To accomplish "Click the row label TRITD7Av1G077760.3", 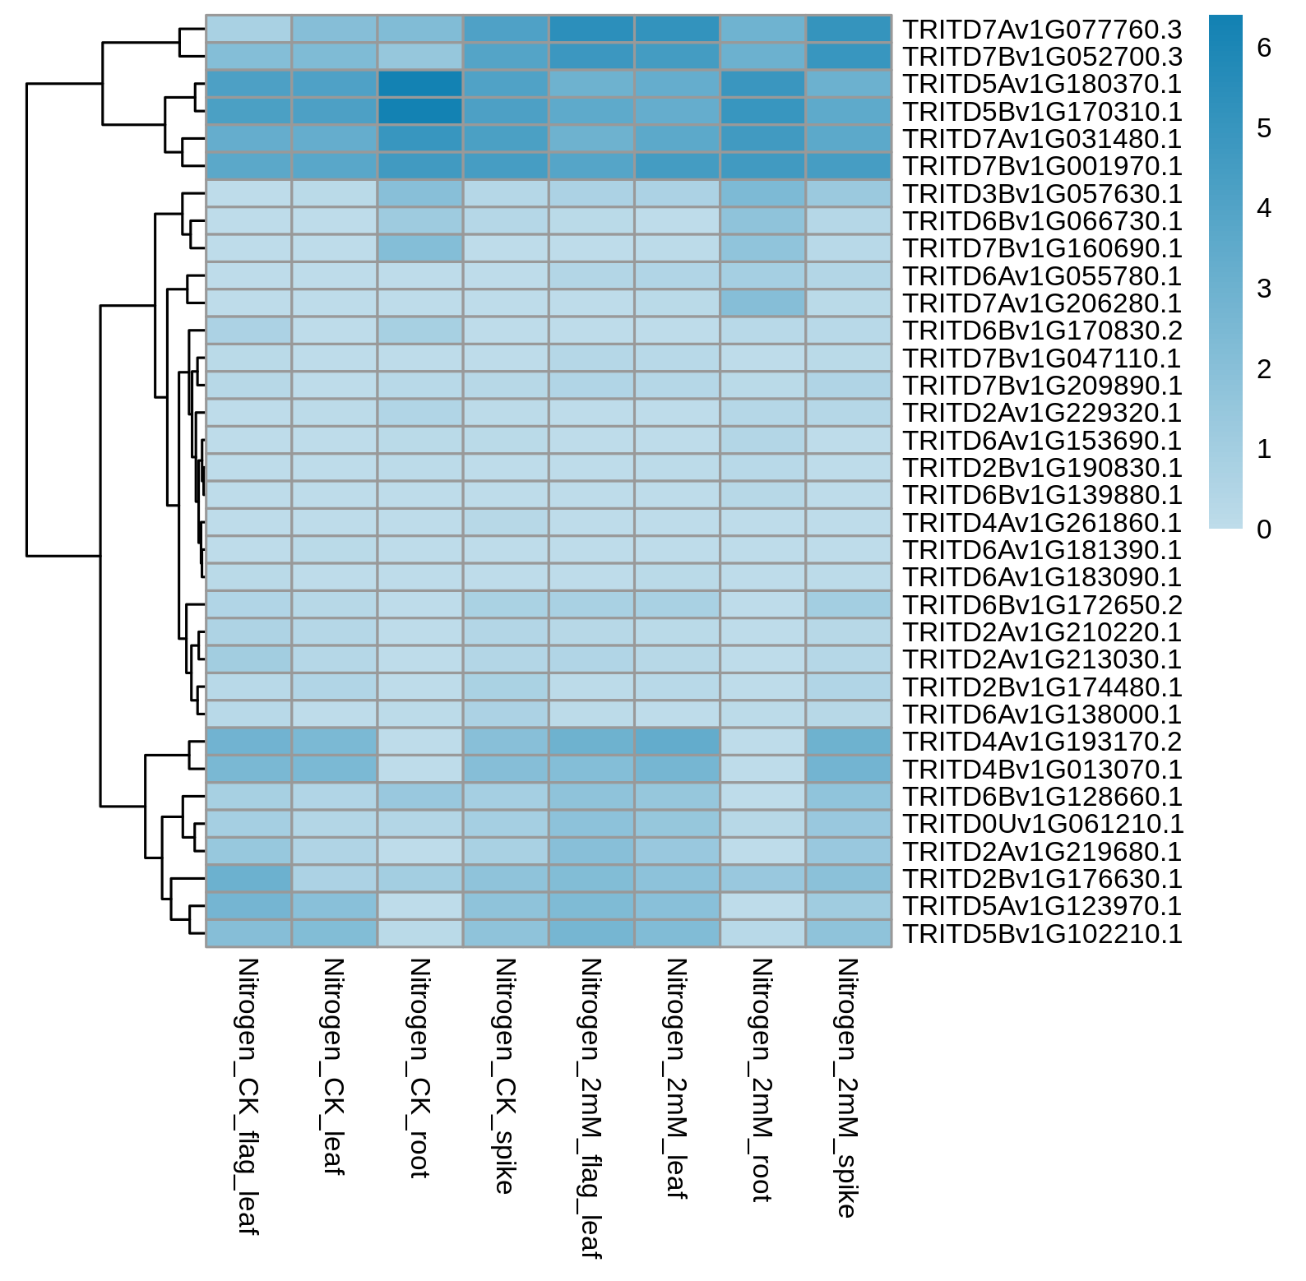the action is (x=1042, y=30).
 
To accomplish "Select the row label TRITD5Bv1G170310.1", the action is (x=1042, y=112).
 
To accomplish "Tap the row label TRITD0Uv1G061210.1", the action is (x=1042, y=824).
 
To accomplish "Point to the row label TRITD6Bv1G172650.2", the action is (x=1042, y=605).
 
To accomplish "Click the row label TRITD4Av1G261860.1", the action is (x=1042, y=523).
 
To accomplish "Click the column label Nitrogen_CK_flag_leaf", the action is (x=248, y=1096).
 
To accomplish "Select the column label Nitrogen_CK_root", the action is (x=419, y=1068).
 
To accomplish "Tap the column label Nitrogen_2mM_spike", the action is (x=848, y=1088).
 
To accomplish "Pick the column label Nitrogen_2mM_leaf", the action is (x=677, y=1079).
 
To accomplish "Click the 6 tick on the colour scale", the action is (x=1265, y=49).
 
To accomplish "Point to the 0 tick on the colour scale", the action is (x=1265, y=530).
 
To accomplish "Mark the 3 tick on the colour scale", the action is (x=1265, y=289).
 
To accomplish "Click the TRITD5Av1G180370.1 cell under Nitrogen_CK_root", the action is (x=420, y=84).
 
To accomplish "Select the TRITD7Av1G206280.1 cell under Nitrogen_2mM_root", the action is (x=762, y=303).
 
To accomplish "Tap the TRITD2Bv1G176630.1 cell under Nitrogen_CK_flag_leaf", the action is (x=248, y=879).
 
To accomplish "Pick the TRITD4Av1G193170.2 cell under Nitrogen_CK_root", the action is (x=420, y=742).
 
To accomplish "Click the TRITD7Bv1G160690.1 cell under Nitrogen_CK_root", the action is (x=420, y=248).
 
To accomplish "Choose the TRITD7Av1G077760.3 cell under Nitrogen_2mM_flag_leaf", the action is (x=591, y=29).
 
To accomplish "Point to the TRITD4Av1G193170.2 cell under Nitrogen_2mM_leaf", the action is (x=677, y=742).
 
